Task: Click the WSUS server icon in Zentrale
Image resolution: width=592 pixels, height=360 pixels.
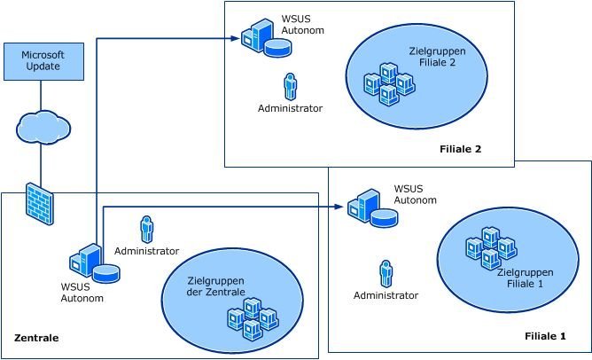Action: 93,264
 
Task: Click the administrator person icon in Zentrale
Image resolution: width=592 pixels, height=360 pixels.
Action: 146,229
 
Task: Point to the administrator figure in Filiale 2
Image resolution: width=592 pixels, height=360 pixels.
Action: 289,86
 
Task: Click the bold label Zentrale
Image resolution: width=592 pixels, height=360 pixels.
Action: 36,339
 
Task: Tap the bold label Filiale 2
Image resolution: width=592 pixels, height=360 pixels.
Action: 460,148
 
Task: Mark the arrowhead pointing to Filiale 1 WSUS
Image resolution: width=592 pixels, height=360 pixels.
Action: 340,207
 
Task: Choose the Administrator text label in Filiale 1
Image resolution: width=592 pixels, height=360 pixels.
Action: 386,295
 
